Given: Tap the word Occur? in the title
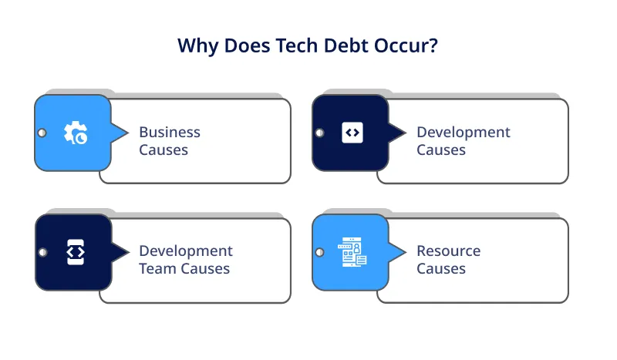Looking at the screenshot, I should pyautogui.click(x=410, y=45).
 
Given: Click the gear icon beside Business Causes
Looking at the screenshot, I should pyautogui.click(x=75, y=133).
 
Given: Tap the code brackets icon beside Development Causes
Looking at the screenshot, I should pyautogui.click(x=352, y=133).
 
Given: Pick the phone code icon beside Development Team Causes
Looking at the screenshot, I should pyautogui.click(x=75, y=252).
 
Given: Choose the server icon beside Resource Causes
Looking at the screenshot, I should pyautogui.click(x=352, y=252).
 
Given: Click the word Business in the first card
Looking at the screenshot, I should pyautogui.click(x=170, y=132).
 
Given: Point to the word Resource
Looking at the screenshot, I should pyautogui.click(x=448, y=251).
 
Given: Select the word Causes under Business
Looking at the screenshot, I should pyautogui.click(x=164, y=150).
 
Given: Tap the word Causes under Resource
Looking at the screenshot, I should pyautogui.click(x=441, y=269).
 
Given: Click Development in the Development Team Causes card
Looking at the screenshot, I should pyautogui.click(x=186, y=251).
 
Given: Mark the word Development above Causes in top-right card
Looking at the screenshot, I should pyautogui.click(x=464, y=132).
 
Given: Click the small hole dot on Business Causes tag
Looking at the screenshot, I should pyautogui.click(x=42, y=133).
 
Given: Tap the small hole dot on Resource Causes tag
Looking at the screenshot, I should pyautogui.click(x=319, y=252).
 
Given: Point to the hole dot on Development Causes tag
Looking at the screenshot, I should pyautogui.click(x=319, y=133).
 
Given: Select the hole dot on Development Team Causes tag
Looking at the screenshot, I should pyautogui.click(x=42, y=252).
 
